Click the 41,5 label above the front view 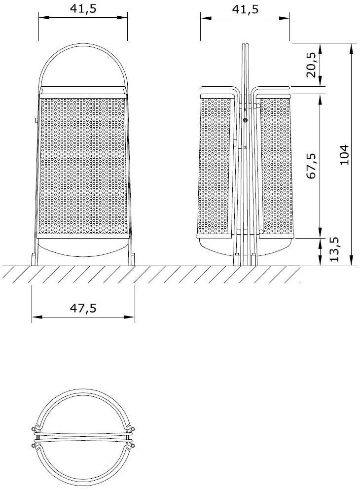(83, 9)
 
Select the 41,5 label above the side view (245, 9)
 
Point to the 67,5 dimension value (311, 166)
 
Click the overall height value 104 (344, 154)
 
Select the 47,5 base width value (83, 308)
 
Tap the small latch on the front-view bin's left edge (36, 120)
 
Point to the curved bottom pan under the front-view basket (83, 248)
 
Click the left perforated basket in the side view (215, 165)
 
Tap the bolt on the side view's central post (245, 120)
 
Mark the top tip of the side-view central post (245, 45)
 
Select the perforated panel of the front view (83, 165)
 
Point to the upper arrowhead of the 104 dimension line (351, 47)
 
